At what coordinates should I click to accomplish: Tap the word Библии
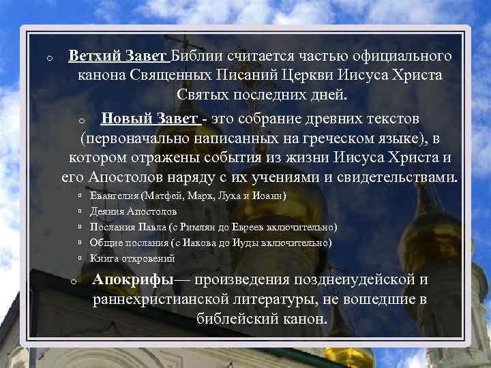tap(197, 55)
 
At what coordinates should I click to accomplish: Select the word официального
tap(401, 55)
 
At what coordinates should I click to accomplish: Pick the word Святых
tap(204, 93)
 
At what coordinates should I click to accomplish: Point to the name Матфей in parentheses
tap(159, 196)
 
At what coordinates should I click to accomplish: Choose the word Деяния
tap(105, 212)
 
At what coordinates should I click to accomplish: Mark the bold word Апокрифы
tap(134, 280)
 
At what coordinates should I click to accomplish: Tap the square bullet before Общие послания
tap(80, 243)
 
